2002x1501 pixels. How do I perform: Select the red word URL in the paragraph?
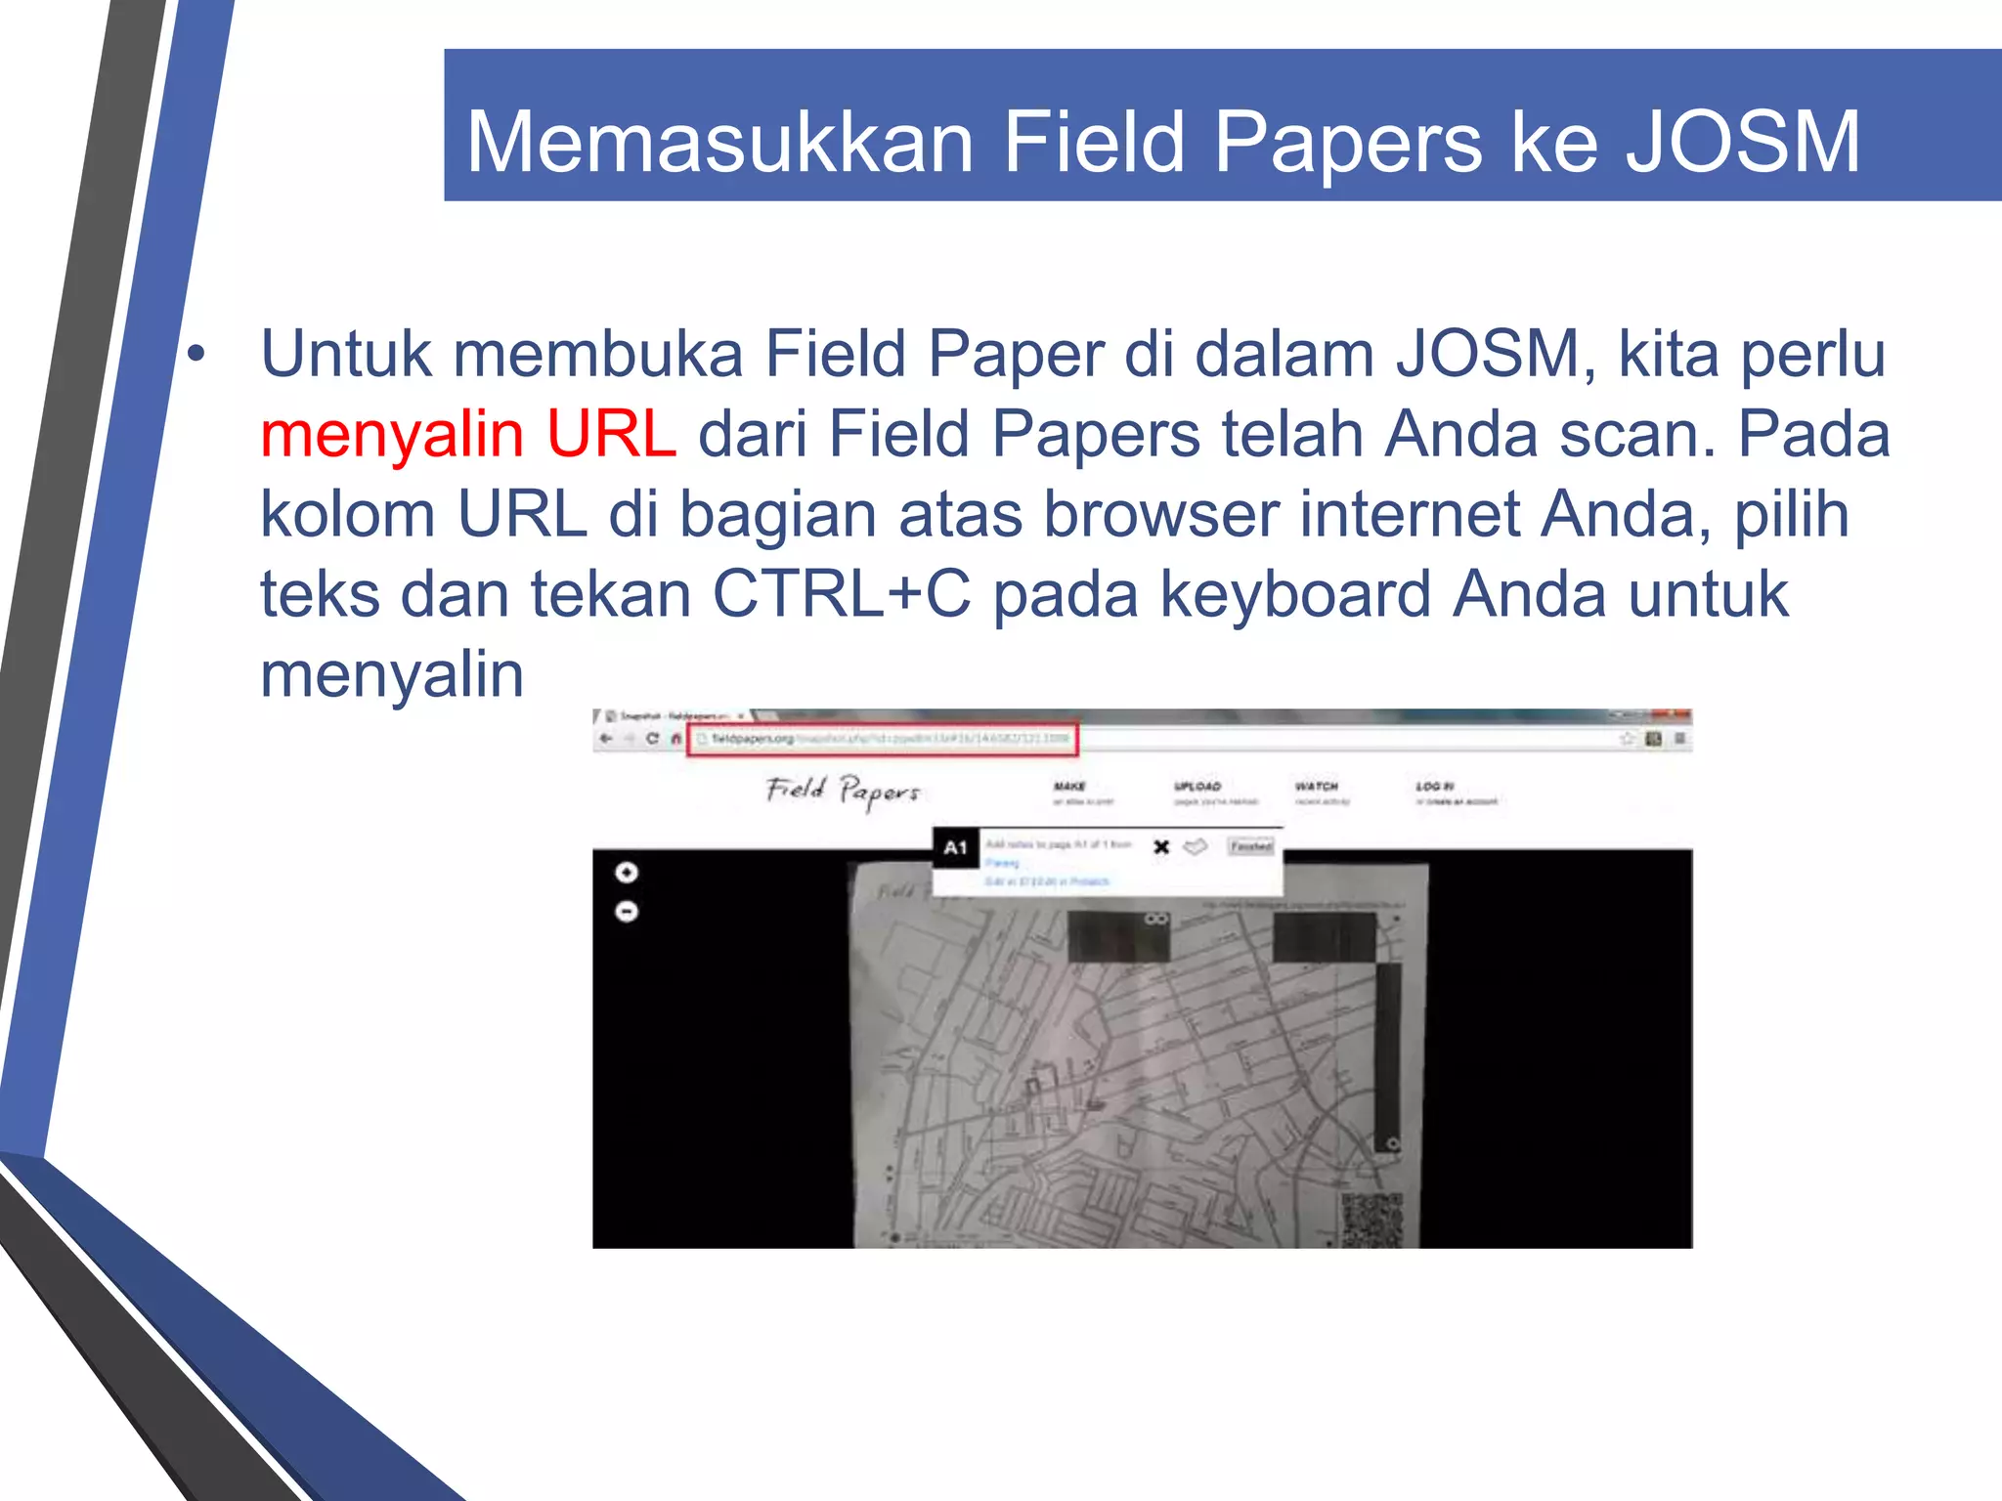point(611,434)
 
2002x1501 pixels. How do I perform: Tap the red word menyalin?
point(392,436)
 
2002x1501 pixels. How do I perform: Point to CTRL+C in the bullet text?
point(842,594)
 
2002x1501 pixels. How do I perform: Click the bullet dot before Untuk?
point(197,357)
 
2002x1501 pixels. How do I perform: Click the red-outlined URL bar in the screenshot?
point(883,739)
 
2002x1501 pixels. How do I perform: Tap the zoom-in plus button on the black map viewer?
point(627,873)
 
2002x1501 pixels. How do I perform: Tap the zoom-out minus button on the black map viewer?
point(627,912)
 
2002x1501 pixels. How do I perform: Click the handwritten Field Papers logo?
point(843,790)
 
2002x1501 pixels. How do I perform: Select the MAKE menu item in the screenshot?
point(1069,787)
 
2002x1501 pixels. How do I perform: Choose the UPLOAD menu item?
point(1197,787)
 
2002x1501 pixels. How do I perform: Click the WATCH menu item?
point(1316,787)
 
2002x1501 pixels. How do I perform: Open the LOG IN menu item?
point(1435,787)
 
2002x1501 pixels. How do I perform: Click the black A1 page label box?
point(955,848)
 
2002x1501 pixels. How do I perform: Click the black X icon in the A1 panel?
point(1161,847)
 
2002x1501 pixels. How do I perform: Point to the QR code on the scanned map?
point(1371,1219)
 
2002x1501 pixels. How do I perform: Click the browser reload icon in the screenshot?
point(652,739)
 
